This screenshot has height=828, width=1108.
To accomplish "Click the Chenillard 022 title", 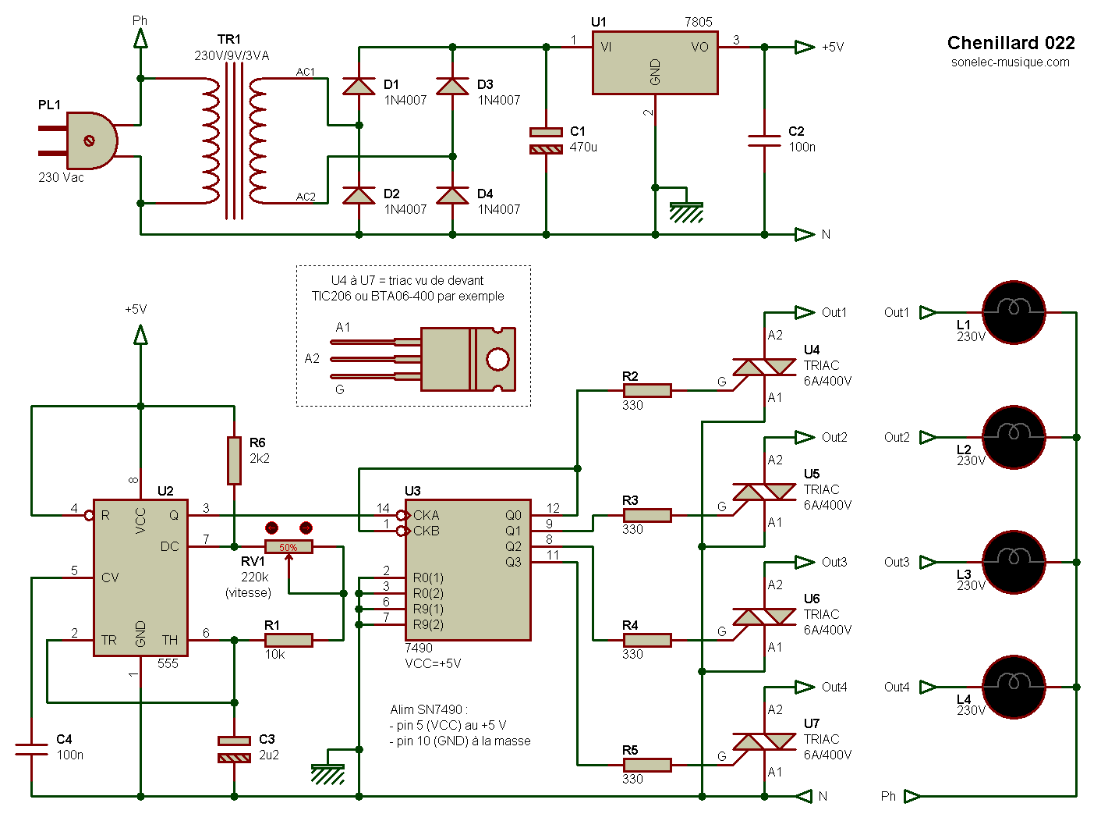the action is pyautogui.click(x=1011, y=43).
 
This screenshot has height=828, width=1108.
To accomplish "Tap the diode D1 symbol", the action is pyautogui.click(x=359, y=86).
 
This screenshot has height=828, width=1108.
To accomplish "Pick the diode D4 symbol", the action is pyautogui.click(x=452, y=195).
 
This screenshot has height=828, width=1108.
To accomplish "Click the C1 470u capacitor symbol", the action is pyautogui.click(x=546, y=140).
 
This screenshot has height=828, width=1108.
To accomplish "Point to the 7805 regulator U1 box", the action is pyautogui.click(x=655, y=63).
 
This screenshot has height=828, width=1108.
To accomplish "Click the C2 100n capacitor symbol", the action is pyautogui.click(x=764, y=140).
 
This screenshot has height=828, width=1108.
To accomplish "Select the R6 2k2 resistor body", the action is pyautogui.click(x=234, y=460).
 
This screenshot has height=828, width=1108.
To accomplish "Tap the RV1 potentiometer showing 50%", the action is pyautogui.click(x=289, y=546).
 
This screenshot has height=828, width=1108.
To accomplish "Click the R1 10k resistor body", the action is pyautogui.click(x=289, y=640).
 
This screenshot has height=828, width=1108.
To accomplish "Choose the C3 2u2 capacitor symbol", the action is pyautogui.click(x=234, y=749).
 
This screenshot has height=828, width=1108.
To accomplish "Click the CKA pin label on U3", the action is pyautogui.click(x=426, y=515).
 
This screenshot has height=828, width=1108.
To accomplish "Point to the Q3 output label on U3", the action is pyautogui.click(x=513, y=562).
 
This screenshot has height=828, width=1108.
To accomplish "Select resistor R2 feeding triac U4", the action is pyautogui.click(x=647, y=390).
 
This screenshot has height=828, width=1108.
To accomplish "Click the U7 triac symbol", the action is pyautogui.click(x=764, y=741).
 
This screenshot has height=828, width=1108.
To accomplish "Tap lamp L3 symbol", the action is pyautogui.click(x=1014, y=562).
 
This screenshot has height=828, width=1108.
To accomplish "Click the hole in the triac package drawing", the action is pyautogui.click(x=497, y=359).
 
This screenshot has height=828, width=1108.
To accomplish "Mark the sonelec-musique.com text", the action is pyautogui.click(x=1010, y=62).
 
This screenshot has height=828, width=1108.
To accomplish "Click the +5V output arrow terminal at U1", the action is pyautogui.click(x=805, y=47).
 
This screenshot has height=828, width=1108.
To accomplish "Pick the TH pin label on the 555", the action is pyautogui.click(x=170, y=640).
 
